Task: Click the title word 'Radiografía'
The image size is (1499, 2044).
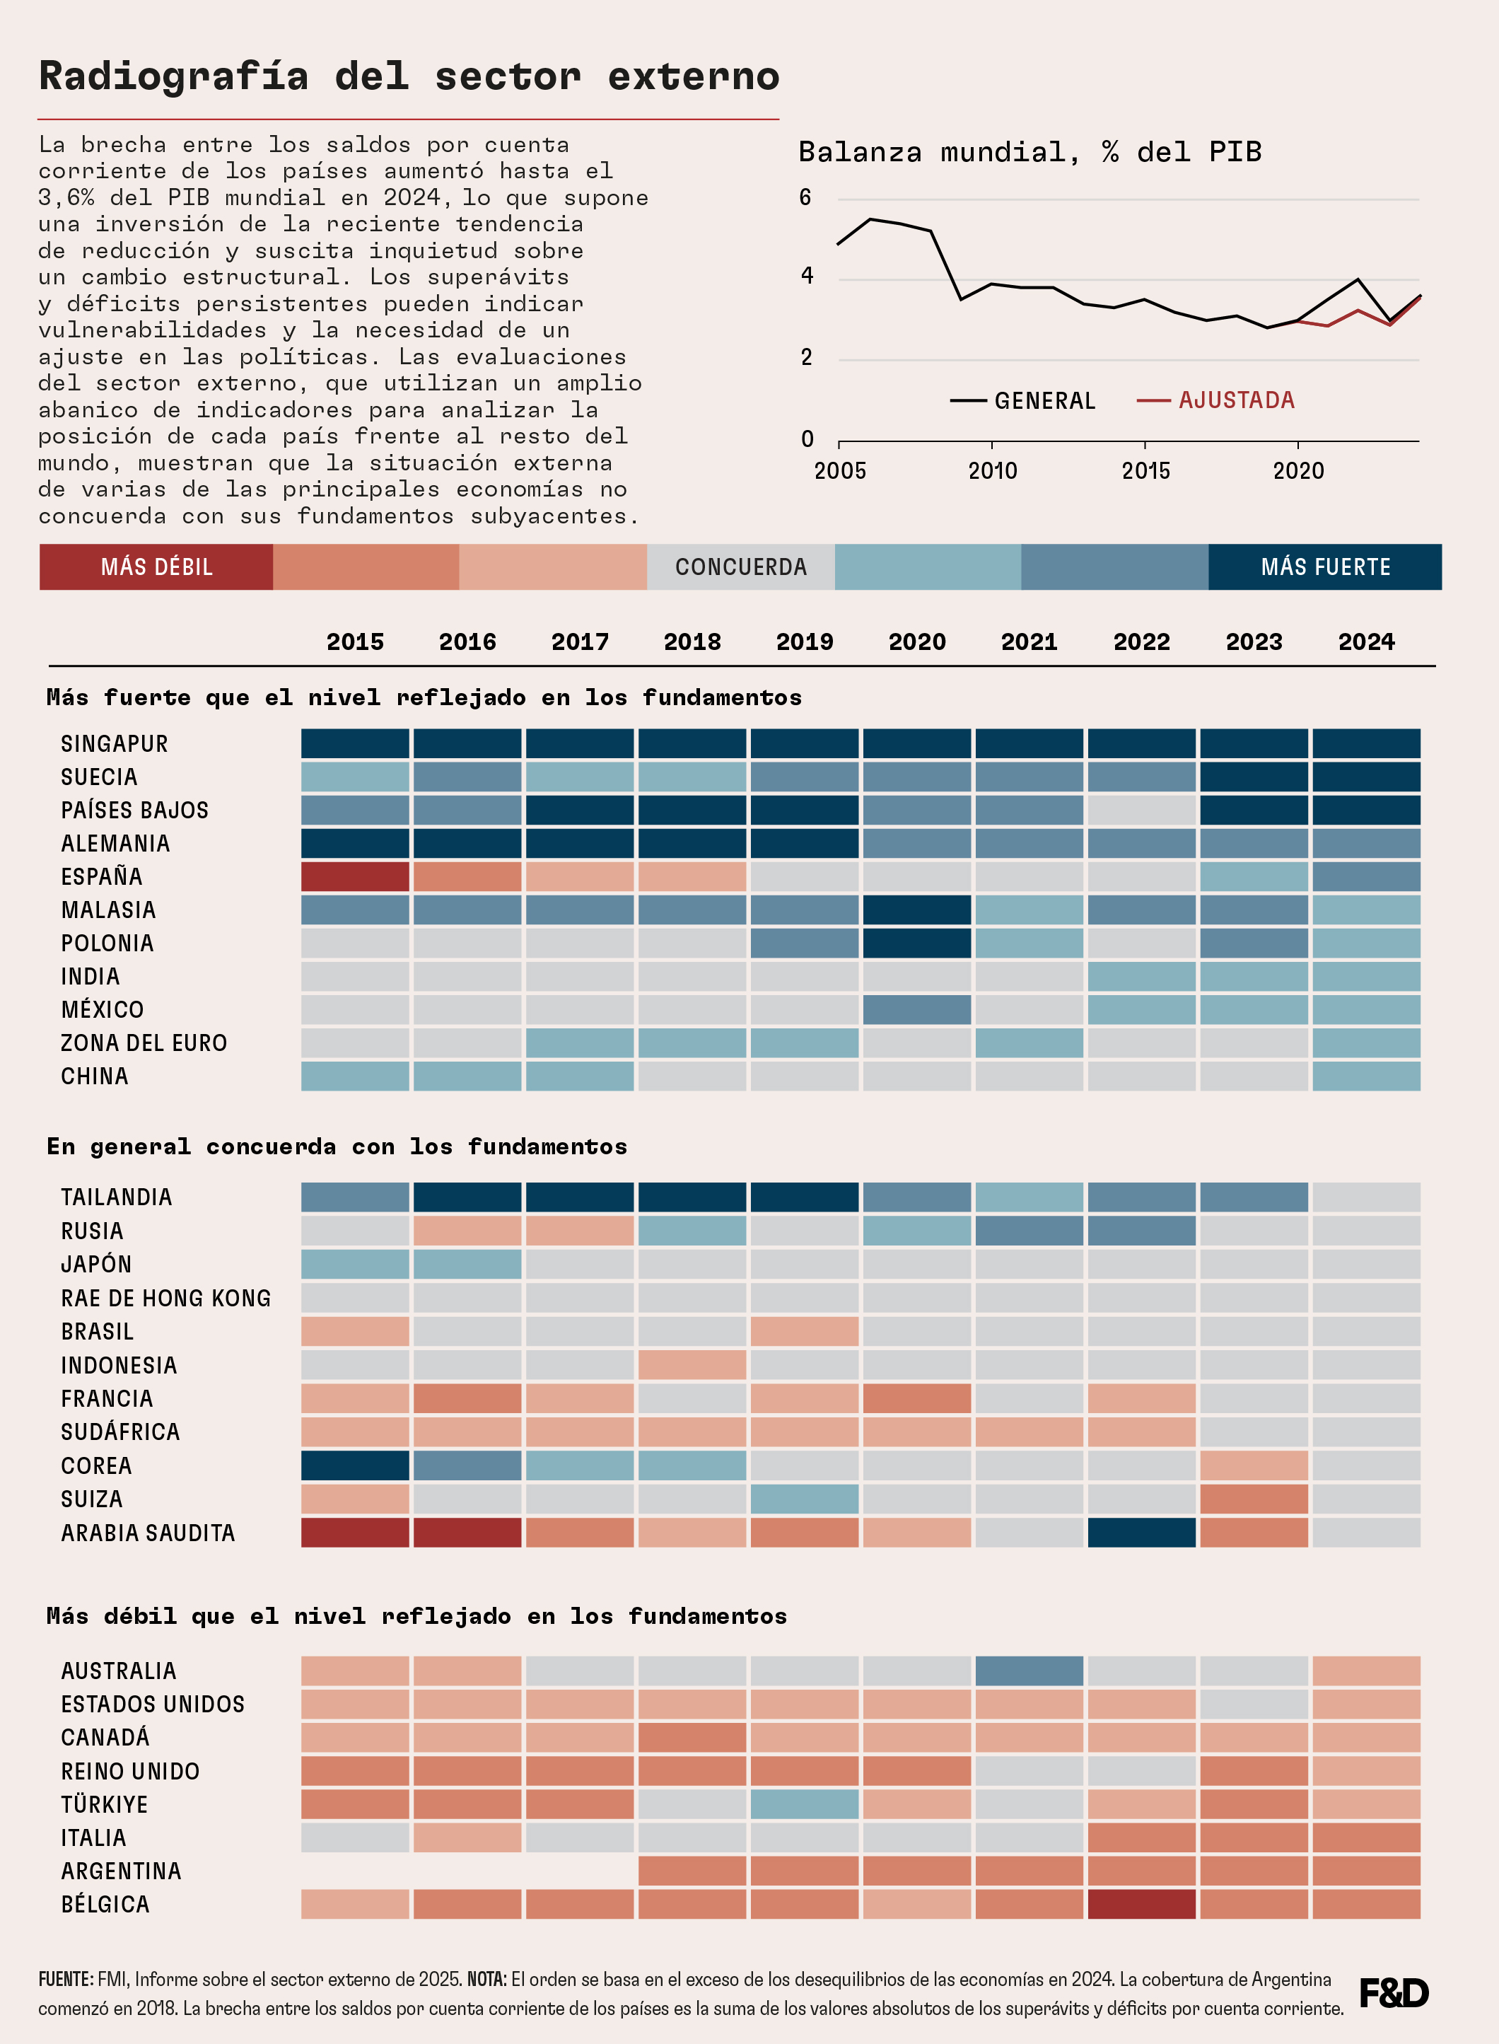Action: (x=173, y=76)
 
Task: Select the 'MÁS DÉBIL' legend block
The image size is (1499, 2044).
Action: (x=156, y=567)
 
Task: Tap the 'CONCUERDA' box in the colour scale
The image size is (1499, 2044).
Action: (x=740, y=567)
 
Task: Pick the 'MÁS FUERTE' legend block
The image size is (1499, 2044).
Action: (x=1325, y=567)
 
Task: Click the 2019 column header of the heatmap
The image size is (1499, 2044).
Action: (x=804, y=641)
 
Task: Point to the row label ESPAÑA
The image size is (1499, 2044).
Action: (x=102, y=877)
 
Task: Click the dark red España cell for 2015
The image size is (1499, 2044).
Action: (x=355, y=877)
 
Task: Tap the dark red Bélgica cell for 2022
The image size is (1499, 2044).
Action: (x=1141, y=1904)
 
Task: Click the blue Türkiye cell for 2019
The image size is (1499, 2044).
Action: (x=804, y=1804)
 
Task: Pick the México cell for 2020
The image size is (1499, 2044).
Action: (x=916, y=1009)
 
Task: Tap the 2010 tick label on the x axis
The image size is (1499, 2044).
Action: (x=993, y=471)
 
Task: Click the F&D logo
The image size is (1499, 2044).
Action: (x=1394, y=1992)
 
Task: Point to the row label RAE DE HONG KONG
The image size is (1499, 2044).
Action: (x=166, y=1299)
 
